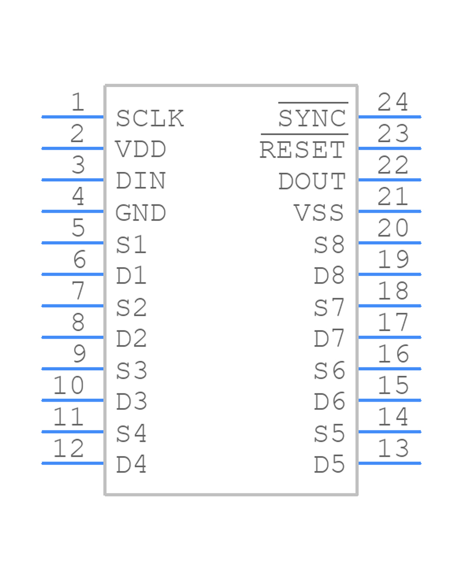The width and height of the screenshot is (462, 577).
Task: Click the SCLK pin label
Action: (150, 118)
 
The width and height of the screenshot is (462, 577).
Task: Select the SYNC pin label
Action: (312, 118)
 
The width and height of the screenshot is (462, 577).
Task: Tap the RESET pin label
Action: (302, 150)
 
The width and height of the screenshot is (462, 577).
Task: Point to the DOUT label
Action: (312, 181)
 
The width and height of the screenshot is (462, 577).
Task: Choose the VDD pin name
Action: (141, 150)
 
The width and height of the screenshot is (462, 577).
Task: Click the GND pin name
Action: (141, 213)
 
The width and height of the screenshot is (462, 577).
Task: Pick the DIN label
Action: (141, 181)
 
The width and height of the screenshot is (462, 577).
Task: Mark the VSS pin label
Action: (319, 213)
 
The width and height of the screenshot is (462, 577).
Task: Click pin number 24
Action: (393, 102)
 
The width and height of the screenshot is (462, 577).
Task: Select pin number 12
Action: (68, 448)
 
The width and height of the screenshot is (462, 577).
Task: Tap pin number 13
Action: (393, 448)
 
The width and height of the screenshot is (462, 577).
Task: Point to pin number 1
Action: (77, 102)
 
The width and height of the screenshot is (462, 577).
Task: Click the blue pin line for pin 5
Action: (73, 243)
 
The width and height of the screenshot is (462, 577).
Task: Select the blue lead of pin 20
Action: (389, 243)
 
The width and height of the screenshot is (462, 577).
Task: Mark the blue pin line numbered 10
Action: (73, 400)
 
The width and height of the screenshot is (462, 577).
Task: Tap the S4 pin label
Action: (131, 433)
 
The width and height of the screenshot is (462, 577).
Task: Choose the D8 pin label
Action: (329, 276)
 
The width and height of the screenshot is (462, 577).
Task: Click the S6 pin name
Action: (329, 371)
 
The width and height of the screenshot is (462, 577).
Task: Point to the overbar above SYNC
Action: (313, 103)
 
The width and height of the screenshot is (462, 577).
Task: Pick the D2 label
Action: (131, 339)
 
